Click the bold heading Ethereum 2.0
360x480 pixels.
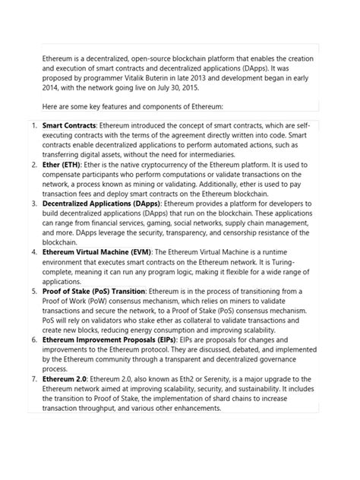(65, 379)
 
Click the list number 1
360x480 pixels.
(33, 124)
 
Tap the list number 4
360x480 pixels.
(33, 251)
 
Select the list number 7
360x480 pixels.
(33, 379)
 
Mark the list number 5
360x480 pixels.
(33, 292)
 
